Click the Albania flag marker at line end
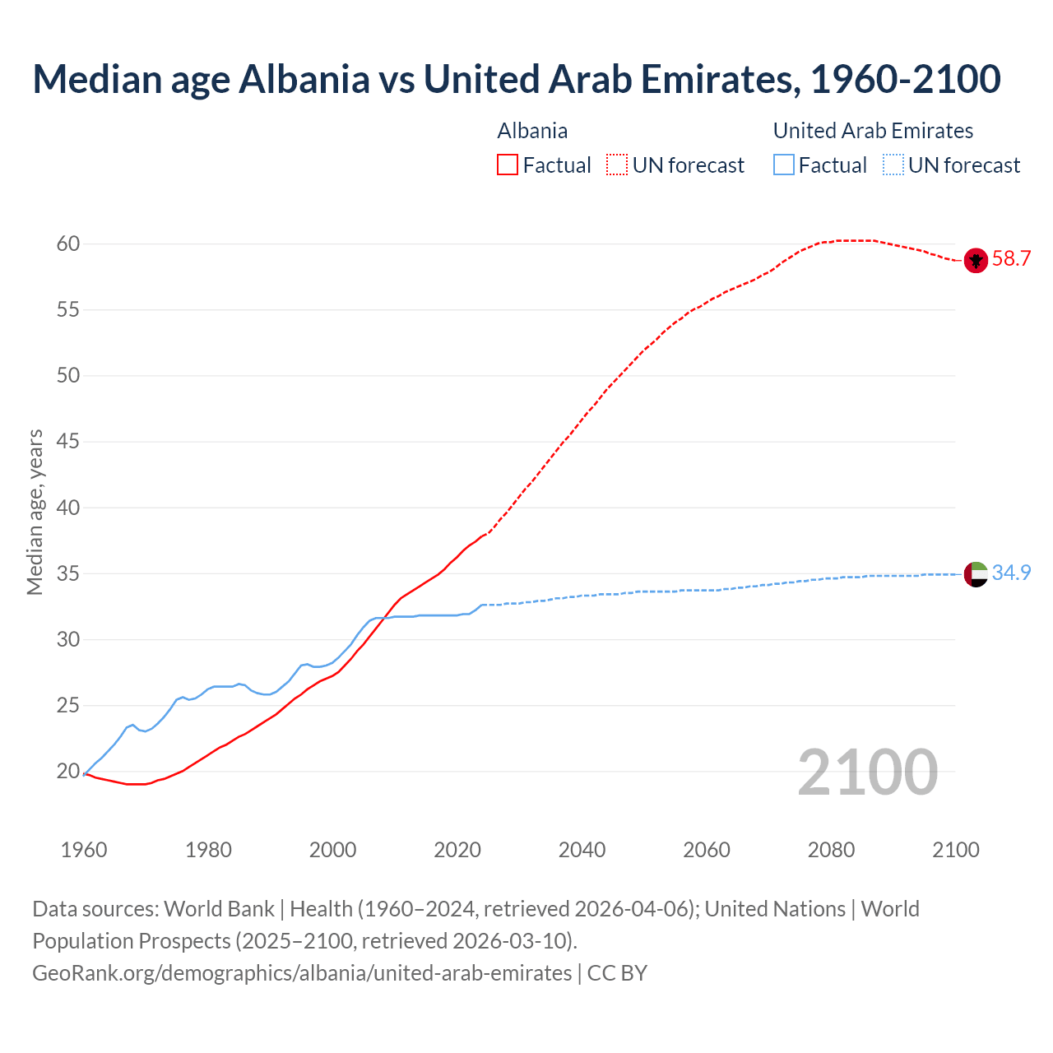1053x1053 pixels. click(975, 260)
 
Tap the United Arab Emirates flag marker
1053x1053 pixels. click(976, 573)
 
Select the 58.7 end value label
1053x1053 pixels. click(1011, 259)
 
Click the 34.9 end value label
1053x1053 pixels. click(1011, 573)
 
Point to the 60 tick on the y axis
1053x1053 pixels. click(68, 244)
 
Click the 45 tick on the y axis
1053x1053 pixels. click(68, 442)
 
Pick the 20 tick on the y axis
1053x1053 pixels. click(68, 772)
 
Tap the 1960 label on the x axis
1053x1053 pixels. click(84, 850)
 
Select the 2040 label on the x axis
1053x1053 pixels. click(582, 850)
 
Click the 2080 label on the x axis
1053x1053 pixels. click(831, 850)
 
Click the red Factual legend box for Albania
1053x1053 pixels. click(508, 165)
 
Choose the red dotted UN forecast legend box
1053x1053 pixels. click(617, 165)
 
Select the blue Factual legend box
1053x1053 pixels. click(784, 165)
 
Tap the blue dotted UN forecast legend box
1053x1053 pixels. click(893, 165)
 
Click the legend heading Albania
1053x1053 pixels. click(532, 132)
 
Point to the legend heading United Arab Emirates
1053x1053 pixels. click(873, 132)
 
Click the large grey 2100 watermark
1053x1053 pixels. click(867, 772)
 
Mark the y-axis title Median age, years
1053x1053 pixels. click(35, 512)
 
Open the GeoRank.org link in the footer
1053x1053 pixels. click(302, 973)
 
